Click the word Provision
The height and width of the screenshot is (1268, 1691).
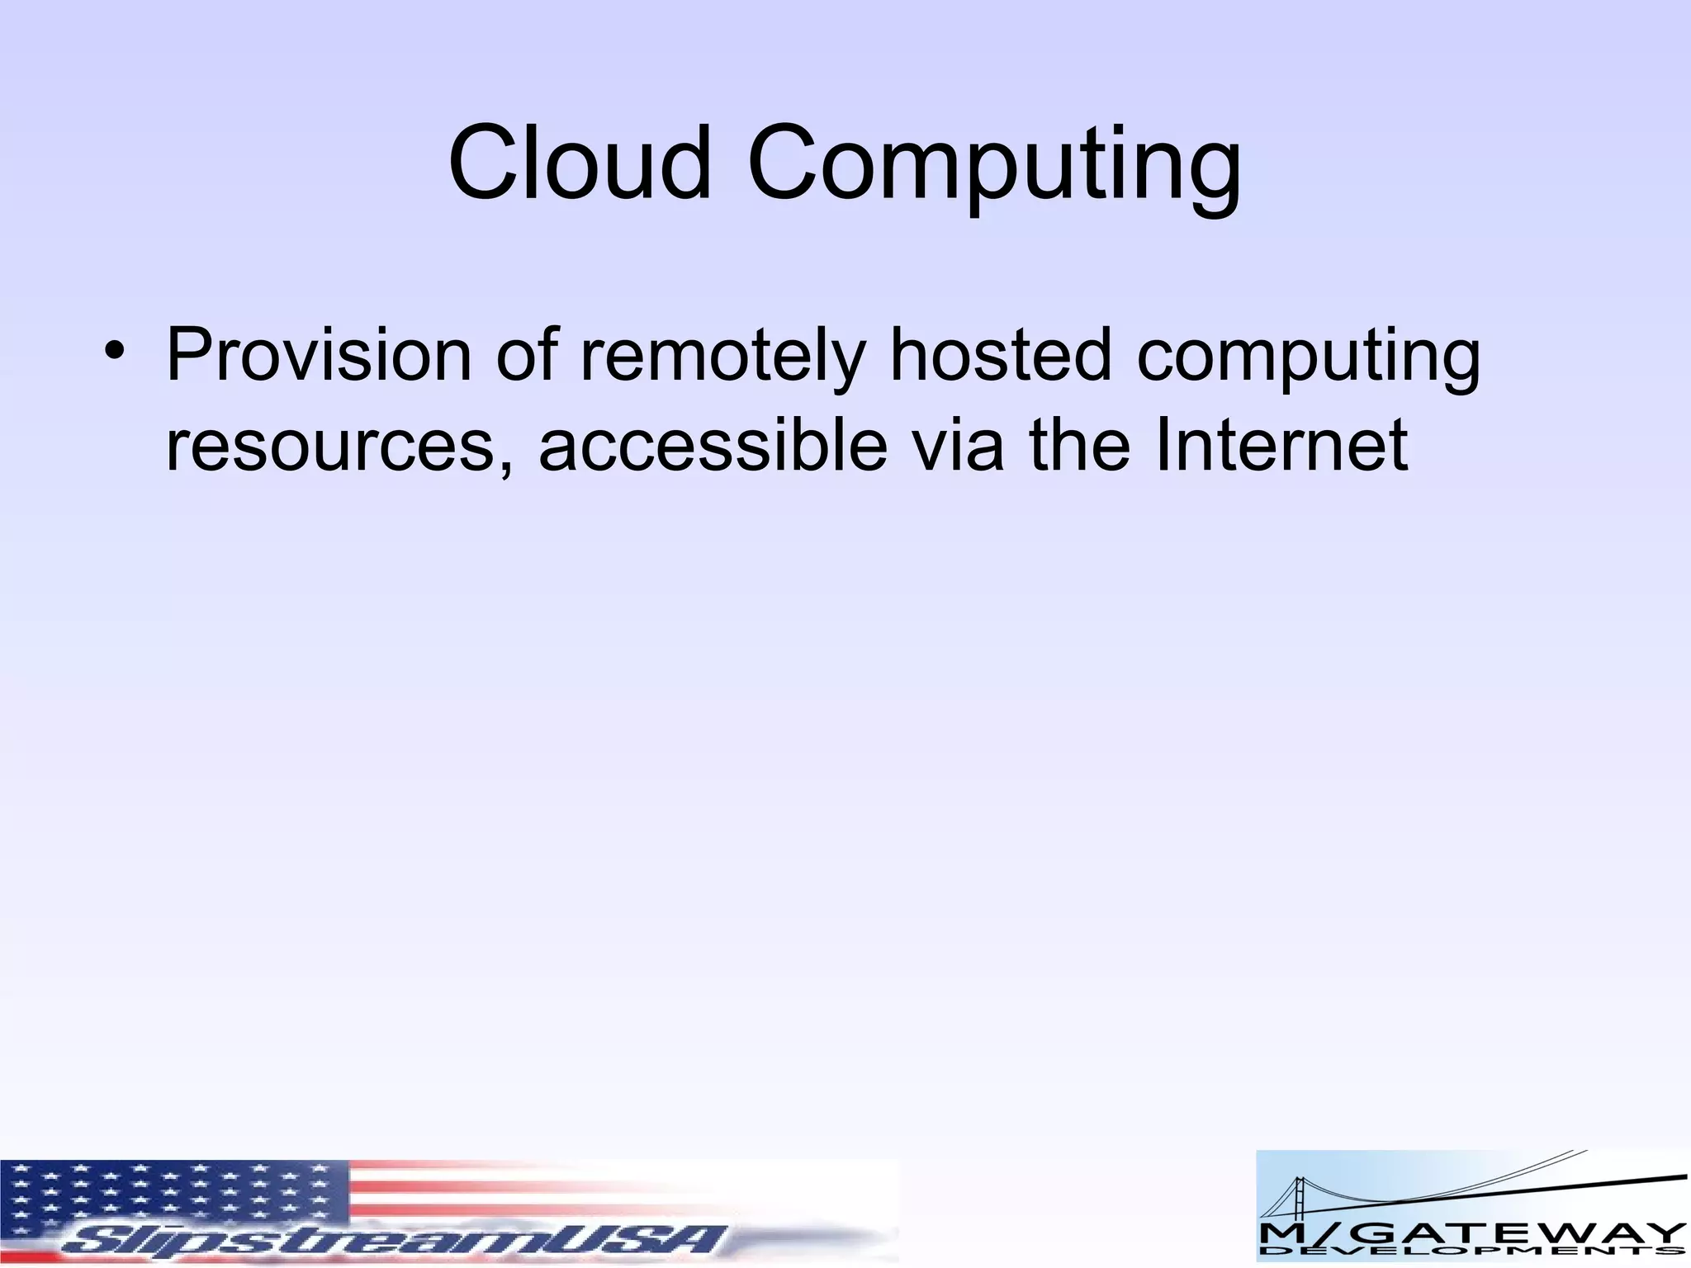click(x=319, y=355)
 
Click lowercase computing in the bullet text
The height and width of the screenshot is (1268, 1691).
click(x=1308, y=360)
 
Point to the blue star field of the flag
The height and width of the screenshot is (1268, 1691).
click(x=173, y=1197)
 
